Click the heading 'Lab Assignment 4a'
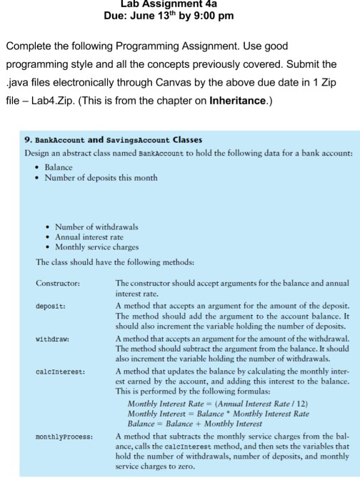[179, 4]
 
